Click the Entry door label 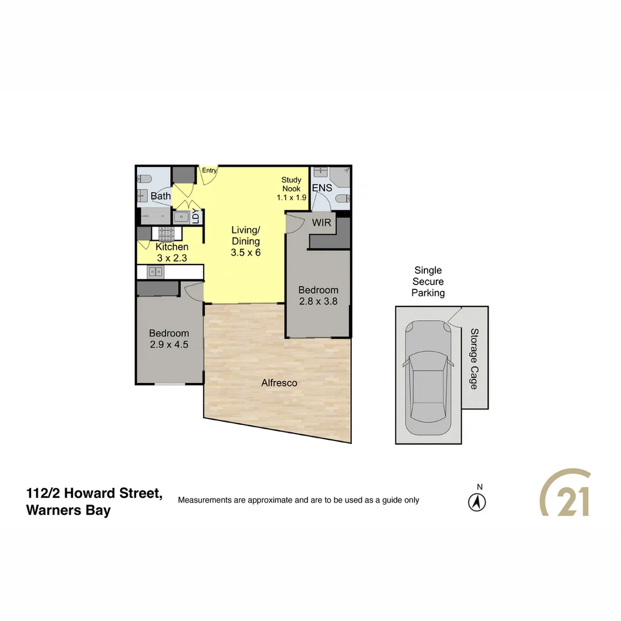(x=209, y=170)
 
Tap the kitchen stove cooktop (x=167, y=233)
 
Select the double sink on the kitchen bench (x=155, y=271)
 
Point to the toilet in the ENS (x=341, y=199)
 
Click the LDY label (x=195, y=217)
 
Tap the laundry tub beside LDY (x=181, y=217)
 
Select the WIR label (x=321, y=223)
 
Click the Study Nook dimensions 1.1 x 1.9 (x=292, y=197)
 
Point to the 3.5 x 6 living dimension (x=246, y=252)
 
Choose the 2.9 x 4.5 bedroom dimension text (x=168, y=344)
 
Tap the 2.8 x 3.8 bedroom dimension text (x=318, y=301)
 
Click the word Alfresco (x=279, y=382)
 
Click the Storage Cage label (x=474, y=358)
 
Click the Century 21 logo (x=565, y=493)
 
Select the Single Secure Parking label (x=428, y=282)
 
